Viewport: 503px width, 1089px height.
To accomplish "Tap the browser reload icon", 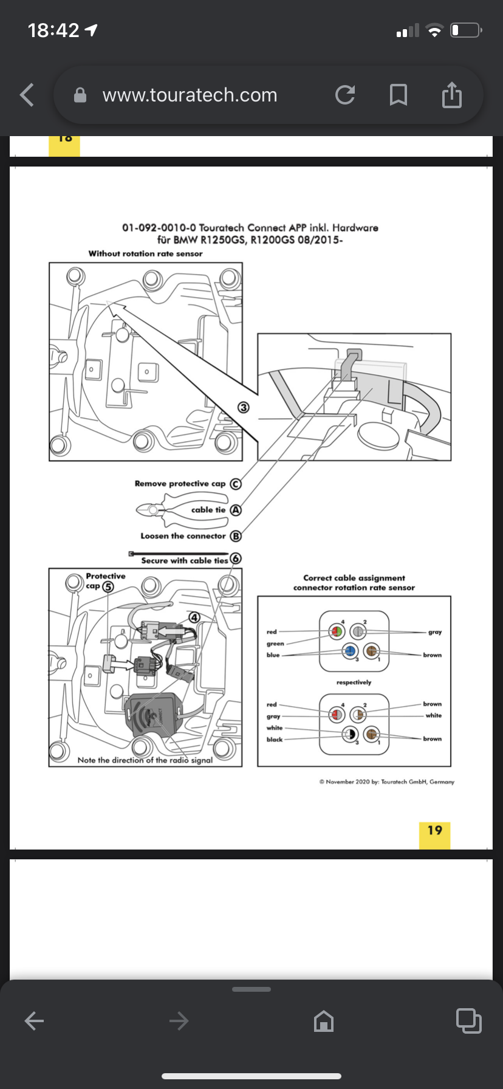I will tap(345, 95).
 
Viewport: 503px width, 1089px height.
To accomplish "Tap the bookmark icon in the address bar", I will tap(398, 95).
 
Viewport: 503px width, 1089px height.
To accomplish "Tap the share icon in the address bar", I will tap(451, 95).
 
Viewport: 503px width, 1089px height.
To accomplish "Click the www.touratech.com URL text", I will tap(190, 95).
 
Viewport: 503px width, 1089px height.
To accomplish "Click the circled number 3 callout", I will tap(244, 407).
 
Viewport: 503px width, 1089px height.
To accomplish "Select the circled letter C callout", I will tap(236, 484).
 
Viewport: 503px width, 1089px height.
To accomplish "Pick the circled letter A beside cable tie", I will tap(236, 510).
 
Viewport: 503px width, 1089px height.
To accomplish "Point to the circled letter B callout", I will tap(236, 536).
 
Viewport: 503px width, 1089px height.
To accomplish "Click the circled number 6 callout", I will tap(236, 558).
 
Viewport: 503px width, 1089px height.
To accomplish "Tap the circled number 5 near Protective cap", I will tap(108, 586).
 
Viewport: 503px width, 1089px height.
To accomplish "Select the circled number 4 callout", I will tap(194, 617).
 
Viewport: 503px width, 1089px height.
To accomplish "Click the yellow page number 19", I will tap(434, 830).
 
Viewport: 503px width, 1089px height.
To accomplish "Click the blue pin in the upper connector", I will tap(350, 650).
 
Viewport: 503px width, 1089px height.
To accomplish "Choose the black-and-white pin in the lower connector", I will tap(350, 734).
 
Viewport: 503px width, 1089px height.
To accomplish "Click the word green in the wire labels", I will tap(275, 644).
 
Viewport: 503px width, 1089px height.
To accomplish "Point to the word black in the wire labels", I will tap(275, 740).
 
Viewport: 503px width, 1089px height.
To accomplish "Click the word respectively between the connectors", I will tap(354, 682).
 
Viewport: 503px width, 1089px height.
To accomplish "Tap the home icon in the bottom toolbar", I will tap(324, 1021).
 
